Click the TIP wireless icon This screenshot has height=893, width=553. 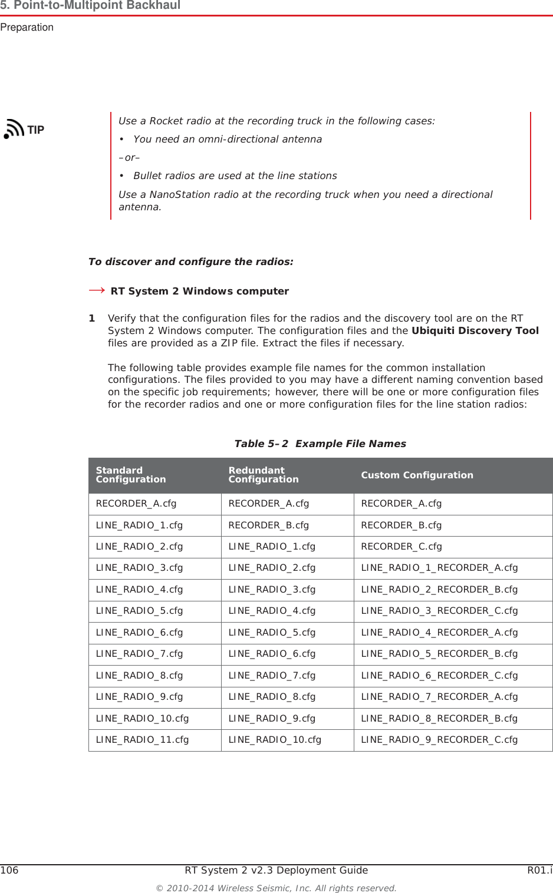(14, 128)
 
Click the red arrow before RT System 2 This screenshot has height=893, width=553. (97, 290)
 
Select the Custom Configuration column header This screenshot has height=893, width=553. (417, 475)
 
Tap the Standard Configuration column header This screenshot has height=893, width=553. (130, 475)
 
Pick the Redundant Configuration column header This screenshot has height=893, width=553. (263, 475)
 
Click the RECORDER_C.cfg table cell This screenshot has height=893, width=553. (401, 547)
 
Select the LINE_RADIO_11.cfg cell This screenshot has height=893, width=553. (142, 740)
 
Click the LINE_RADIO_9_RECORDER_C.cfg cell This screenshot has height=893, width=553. (439, 740)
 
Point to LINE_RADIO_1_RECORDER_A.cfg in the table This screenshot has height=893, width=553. (439, 568)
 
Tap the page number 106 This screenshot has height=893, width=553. (9, 870)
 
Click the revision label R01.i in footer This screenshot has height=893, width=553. (539, 870)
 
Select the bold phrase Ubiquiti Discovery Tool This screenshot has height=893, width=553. (475, 330)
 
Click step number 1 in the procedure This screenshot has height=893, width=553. (92, 318)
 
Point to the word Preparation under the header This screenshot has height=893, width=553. (27, 27)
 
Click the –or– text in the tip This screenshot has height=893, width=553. (129, 157)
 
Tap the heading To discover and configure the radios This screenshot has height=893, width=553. (190, 262)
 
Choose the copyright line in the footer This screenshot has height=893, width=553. (276, 888)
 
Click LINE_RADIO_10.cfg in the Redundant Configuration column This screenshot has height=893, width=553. (275, 740)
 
